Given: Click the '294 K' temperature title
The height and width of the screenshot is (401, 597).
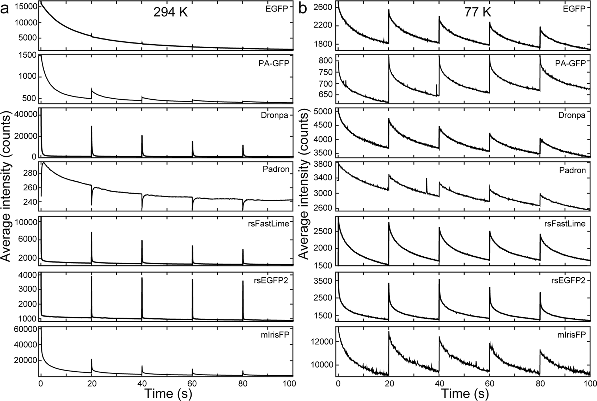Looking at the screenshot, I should point(170,13).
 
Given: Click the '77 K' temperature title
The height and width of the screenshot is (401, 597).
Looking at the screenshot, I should point(478,13).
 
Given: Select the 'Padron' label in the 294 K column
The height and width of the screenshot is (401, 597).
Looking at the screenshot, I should point(279,170).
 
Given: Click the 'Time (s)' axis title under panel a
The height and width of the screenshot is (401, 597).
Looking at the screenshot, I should point(168,393).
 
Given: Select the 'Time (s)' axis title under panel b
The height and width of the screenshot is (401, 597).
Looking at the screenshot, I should point(465,393).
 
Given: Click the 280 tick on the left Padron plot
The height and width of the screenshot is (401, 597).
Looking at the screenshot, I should point(29,173).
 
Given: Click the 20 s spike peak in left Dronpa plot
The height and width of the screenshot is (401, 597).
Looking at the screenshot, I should point(91,127).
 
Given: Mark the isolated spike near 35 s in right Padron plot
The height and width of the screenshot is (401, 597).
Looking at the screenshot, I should point(426,179).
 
